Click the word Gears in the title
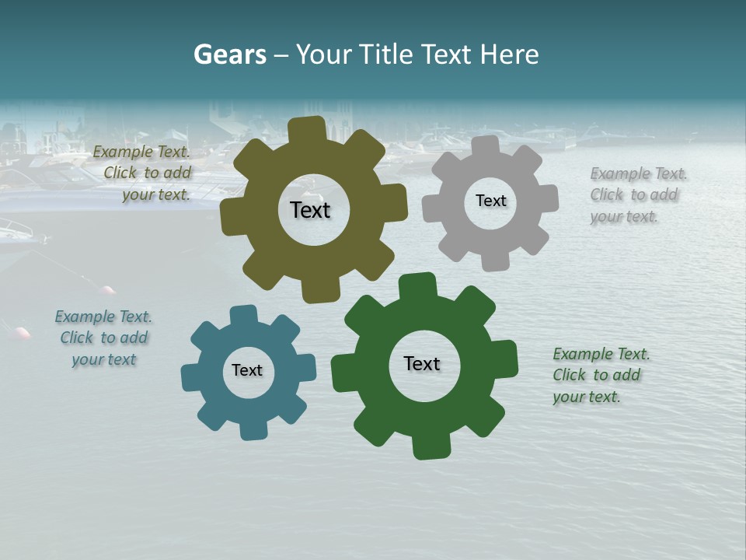point(229,54)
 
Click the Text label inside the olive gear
point(310,210)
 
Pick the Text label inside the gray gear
point(490,201)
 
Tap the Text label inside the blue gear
point(247,370)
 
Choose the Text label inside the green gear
point(422,363)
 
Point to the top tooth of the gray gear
point(486,147)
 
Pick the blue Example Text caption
point(103,338)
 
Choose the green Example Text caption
point(601,375)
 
